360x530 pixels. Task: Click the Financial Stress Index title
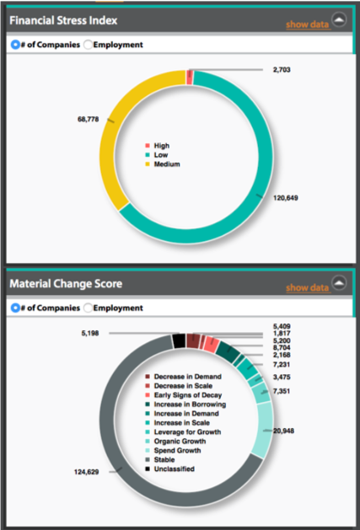click(63, 19)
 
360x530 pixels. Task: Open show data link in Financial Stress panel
click(307, 24)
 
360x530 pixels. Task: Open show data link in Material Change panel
click(307, 288)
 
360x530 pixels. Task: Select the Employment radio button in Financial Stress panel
click(89, 44)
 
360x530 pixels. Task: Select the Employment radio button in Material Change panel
click(89, 308)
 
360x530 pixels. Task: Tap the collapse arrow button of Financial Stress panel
click(339, 19)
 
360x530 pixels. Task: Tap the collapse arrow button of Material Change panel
click(339, 283)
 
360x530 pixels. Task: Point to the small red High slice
click(190, 78)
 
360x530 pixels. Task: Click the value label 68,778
click(88, 120)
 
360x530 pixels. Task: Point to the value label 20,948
click(285, 431)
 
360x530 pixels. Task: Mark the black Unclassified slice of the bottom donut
click(178, 341)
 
